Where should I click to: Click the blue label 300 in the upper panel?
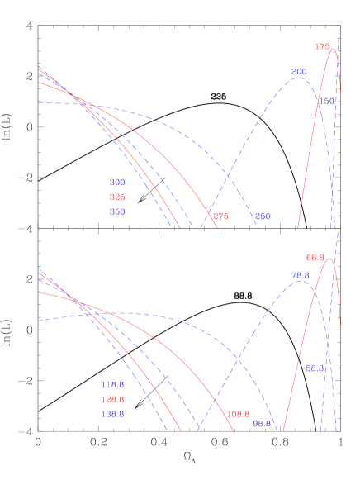tap(117, 182)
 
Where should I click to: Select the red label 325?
tap(117, 197)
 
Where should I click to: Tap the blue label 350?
tap(117, 211)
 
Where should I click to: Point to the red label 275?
tap(220, 216)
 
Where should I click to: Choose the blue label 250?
tap(263, 216)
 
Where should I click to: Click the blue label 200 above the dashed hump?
tap(299, 72)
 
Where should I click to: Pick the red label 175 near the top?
tap(322, 46)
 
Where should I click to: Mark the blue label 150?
tap(328, 101)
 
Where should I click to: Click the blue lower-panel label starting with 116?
tap(112, 384)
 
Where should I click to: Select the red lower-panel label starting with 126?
tap(112, 399)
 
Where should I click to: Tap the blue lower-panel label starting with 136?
tap(112, 414)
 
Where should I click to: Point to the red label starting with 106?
tap(238, 414)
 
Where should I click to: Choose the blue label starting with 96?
tap(262, 423)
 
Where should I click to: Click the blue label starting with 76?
tap(300, 275)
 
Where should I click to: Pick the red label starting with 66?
tap(315, 258)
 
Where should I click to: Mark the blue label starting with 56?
tap(315, 368)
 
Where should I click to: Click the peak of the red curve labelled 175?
tap(334, 49)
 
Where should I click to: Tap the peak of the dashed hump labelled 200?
tap(299, 79)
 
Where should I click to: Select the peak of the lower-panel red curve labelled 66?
tap(330, 259)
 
